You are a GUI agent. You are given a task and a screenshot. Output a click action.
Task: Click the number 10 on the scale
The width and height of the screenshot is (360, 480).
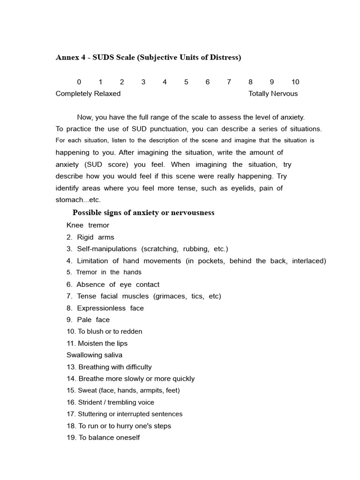tap(295, 82)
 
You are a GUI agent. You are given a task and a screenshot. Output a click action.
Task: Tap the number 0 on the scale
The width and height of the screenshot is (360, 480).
tap(79, 82)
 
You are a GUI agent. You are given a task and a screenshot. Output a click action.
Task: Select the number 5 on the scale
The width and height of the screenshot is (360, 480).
tap(186, 82)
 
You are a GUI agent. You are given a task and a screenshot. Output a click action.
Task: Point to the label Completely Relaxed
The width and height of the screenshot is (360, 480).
tap(88, 94)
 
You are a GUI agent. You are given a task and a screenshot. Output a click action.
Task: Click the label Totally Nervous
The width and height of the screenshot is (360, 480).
tap(273, 94)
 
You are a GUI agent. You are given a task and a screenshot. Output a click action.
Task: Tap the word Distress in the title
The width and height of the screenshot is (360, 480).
tap(223, 58)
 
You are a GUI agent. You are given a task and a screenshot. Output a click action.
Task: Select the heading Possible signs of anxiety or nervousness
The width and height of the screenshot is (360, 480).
tap(143, 213)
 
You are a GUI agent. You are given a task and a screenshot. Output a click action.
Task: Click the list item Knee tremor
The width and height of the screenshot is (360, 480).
tap(88, 225)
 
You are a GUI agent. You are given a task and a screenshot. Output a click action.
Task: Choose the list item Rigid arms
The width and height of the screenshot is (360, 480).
tap(90, 237)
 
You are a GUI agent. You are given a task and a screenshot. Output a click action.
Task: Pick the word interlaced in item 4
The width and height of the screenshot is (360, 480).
tap(308, 261)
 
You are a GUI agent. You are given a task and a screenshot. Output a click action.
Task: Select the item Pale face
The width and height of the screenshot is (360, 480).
tap(88, 320)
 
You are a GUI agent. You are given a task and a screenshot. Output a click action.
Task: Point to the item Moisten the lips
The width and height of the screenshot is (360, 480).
tap(97, 344)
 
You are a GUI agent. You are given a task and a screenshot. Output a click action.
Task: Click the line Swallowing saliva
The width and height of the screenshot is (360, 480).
tap(94, 355)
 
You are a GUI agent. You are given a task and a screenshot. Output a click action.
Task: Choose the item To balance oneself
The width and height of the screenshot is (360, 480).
tap(103, 438)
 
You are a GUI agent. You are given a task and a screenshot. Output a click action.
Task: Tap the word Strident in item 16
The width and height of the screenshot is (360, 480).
tap(91, 403)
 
